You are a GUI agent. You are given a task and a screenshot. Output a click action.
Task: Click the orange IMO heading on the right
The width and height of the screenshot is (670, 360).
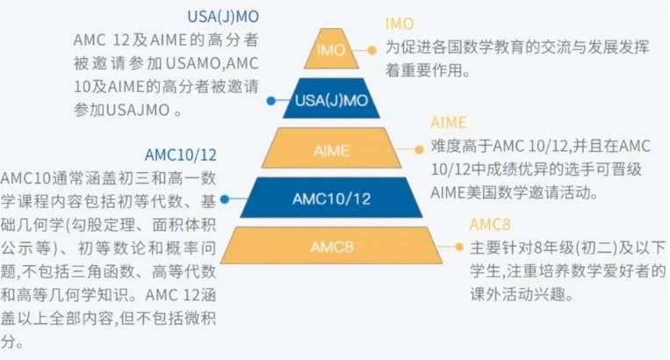400,24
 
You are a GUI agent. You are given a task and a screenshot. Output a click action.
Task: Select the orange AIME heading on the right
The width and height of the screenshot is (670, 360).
449,122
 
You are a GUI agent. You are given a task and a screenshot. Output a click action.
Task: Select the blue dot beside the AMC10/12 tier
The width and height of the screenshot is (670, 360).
225,199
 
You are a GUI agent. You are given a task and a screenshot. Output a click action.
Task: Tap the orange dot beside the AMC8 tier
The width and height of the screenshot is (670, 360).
457,247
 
